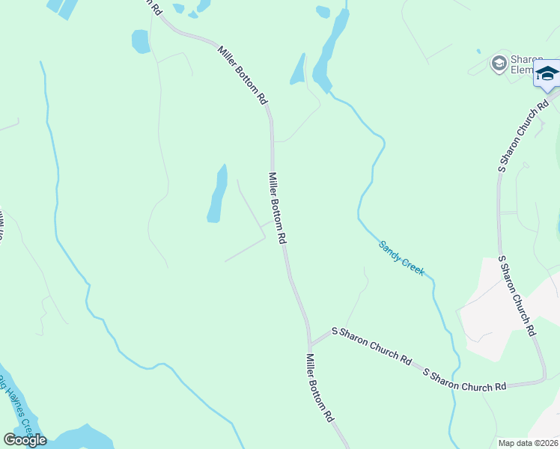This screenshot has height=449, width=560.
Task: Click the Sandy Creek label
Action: [401, 258]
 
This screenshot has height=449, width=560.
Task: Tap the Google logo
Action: [25, 440]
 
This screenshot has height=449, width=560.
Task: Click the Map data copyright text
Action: [528, 443]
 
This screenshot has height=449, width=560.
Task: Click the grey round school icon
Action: [498, 64]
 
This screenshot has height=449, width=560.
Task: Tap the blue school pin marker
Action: [547, 75]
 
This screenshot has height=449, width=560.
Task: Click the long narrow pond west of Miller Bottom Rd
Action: [218, 195]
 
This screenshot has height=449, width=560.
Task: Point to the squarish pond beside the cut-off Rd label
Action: [141, 41]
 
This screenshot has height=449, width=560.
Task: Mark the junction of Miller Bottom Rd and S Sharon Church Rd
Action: [310, 345]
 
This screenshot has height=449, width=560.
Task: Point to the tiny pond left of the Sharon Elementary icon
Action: [478, 52]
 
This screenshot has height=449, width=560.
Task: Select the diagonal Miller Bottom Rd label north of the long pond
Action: [243, 75]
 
